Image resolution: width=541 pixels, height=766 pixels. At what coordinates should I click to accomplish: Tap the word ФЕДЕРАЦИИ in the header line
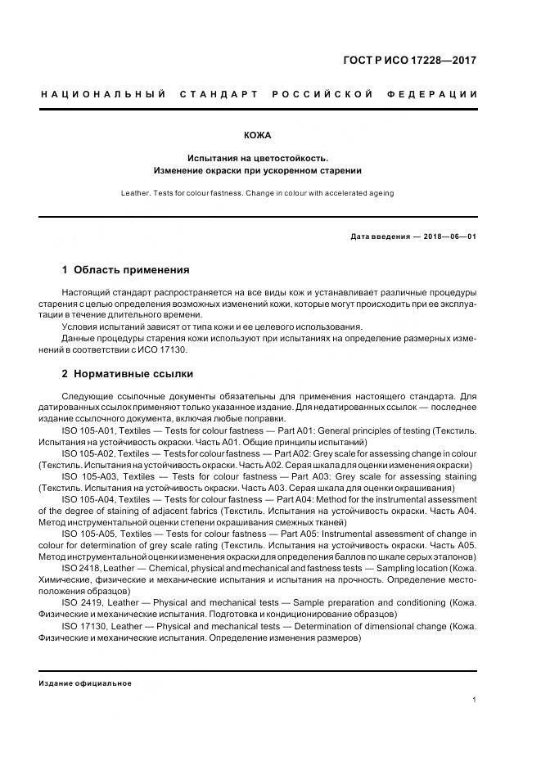[x=440, y=95]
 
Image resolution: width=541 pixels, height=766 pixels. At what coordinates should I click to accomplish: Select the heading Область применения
[x=131, y=269]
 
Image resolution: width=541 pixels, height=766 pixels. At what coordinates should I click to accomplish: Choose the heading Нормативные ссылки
[x=133, y=374]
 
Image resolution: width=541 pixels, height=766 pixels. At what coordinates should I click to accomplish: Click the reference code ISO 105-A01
[x=89, y=430]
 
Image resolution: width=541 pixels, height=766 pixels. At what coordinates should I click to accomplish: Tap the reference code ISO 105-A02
[x=89, y=453]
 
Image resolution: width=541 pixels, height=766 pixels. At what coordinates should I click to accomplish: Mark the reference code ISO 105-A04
[x=90, y=499]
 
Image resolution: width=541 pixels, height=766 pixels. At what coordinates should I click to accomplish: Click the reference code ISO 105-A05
[x=90, y=533]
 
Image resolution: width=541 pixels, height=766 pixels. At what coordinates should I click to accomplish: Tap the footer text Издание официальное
[x=85, y=683]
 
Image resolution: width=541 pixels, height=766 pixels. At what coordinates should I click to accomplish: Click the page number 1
[x=475, y=700]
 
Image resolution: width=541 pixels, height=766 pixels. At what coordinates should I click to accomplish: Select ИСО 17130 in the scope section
[x=164, y=349]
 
